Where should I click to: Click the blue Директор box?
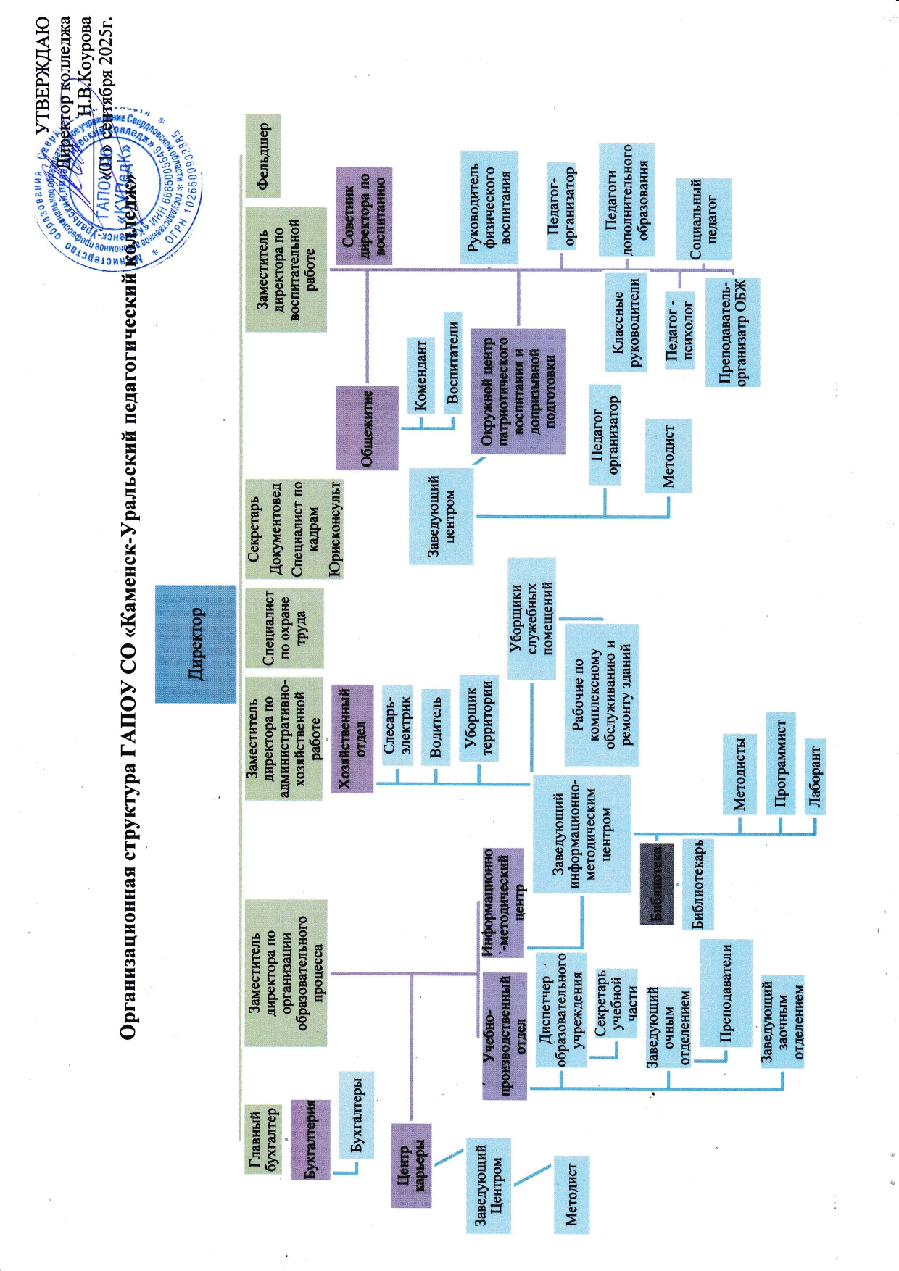196,643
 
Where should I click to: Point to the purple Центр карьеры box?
411,1165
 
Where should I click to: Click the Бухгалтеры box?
357,1114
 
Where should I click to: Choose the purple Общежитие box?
367,428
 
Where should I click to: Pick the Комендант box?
421,375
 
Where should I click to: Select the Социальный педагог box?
703,219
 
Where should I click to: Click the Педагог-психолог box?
679,330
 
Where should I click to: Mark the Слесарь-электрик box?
397,725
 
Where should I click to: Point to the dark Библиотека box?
657,884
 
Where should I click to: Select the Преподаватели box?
726,993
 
